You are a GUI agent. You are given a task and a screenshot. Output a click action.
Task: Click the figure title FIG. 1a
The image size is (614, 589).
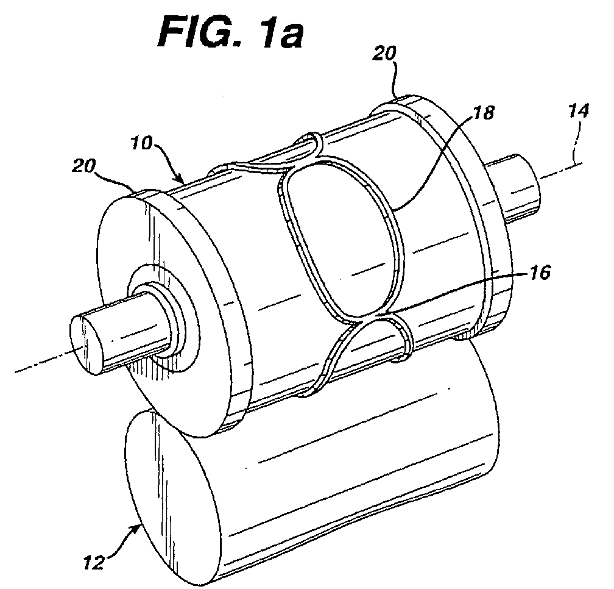click(231, 32)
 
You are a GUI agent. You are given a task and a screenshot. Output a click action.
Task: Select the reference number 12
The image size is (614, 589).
click(94, 563)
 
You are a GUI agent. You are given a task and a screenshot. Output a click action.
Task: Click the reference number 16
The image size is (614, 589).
click(540, 273)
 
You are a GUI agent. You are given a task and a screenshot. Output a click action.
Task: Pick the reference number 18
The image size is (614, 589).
click(483, 113)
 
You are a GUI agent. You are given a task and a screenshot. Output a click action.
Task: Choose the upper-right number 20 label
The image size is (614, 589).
click(384, 54)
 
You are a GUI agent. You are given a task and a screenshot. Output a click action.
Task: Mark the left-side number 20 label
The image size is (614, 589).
click(83, 166)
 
